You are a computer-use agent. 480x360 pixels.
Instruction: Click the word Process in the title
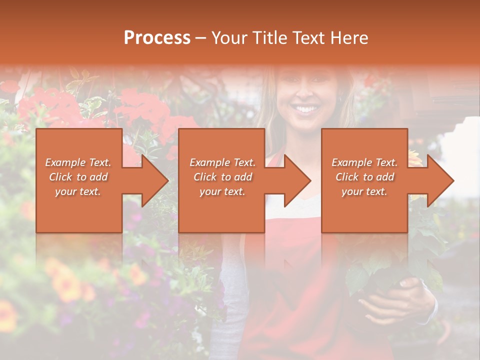157,38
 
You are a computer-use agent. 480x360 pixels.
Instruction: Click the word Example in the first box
64,162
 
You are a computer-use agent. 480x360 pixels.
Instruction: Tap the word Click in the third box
347,177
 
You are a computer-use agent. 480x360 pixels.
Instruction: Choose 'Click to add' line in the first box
78,177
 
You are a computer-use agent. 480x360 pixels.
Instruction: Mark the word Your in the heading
228,38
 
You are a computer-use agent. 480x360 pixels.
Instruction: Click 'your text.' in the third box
364,191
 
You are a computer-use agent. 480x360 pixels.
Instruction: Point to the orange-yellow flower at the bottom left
67,285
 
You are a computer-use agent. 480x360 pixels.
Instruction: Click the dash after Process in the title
200,38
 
